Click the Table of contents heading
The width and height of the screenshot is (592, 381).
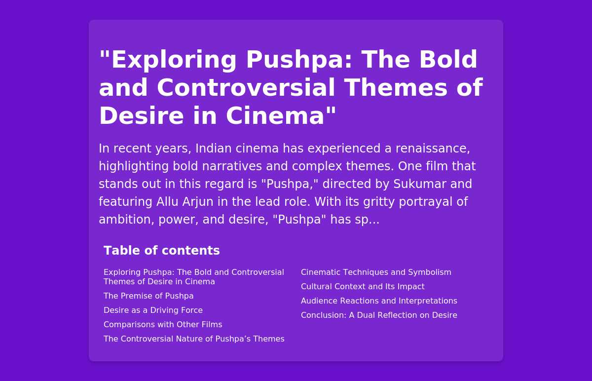tap(162, 250)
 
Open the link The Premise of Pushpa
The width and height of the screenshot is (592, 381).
tap(148, 296)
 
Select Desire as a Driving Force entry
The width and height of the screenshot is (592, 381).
tap(153, 310)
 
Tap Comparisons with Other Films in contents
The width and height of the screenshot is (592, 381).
tap(163, 324)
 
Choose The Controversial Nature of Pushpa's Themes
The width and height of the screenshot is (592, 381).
tap(194, 339)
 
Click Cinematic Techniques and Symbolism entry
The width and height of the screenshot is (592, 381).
tap(376, 272)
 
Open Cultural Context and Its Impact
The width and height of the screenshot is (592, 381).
tap(363, 286)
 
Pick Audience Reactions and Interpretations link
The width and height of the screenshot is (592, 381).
tap(379, 301)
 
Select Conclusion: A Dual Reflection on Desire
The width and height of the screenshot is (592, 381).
tap(379, 315)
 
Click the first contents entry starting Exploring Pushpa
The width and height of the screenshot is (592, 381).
tap(194, 277)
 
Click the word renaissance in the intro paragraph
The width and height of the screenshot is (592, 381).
tap(433, 149)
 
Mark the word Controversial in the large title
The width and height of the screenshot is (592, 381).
tap(246, 87)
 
